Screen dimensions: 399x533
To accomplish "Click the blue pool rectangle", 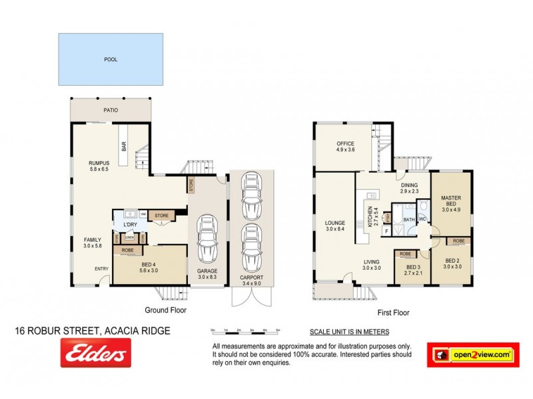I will click(x=111, y=59).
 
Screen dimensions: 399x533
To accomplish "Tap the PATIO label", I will click(x=111, y=110).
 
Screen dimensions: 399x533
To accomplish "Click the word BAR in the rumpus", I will click(x=124, y=146).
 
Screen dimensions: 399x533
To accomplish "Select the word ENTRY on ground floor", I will click(x=101, y=269).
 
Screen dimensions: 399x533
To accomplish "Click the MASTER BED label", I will click(x=451, y=201).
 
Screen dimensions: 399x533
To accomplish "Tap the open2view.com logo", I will click(x=472, y=355).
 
